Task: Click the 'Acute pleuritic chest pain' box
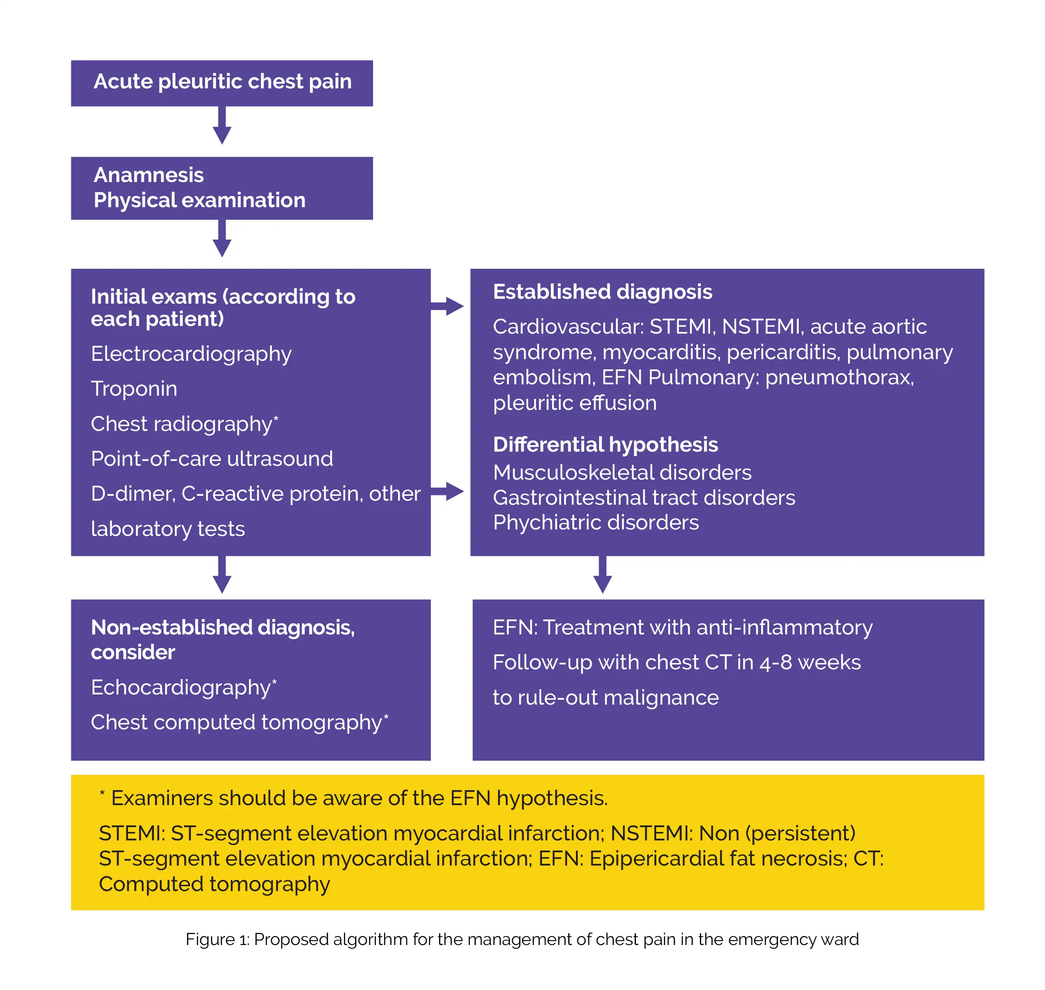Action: [222, 83]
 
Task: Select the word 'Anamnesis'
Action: [148, 175]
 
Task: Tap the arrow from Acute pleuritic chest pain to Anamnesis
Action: [222, 126]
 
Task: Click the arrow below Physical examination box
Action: [222, 238]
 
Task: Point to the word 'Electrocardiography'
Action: [191, 354]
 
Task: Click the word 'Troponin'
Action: [134, 388]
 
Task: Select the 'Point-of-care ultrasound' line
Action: [211, 459]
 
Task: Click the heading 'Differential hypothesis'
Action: [605, 444]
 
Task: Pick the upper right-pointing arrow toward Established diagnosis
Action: [448, 306]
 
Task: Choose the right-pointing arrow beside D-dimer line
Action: [448, 491]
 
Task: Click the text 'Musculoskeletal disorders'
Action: [622, 472]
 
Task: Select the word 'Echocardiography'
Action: [180, 687]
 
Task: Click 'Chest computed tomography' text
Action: [236, 722]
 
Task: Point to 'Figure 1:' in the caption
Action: [217, 939]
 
